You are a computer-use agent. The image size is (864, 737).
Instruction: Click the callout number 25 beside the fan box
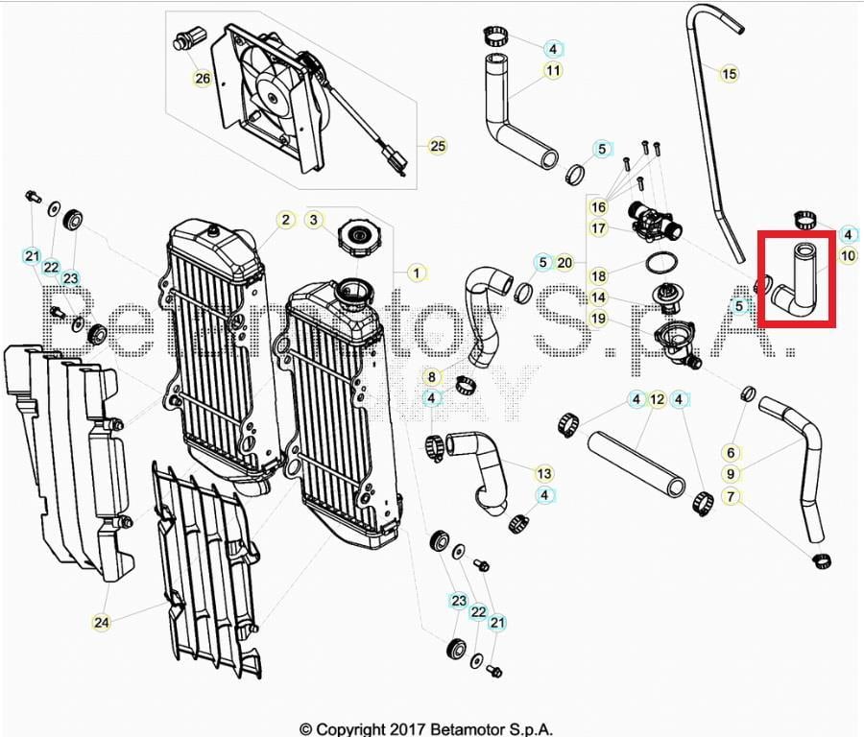[438, 147]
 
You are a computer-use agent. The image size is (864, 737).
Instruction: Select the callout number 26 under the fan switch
[202, 79]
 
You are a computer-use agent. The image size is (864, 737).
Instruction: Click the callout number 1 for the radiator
[416, 273]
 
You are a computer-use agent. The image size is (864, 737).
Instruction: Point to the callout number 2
[285, 220]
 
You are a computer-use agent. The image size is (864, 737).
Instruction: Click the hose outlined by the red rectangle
[796, 279]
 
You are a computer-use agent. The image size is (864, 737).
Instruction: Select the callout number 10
[848, 255]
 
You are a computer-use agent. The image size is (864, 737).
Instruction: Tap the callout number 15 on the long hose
[729, 73]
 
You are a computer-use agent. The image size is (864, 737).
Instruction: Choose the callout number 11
[553, 70]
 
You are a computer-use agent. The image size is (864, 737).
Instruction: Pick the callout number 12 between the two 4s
[657, 399]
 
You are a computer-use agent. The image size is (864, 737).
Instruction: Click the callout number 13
[544, 473]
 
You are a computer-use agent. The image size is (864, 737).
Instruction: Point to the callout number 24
[101, 623]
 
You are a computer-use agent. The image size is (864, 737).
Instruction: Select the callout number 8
[432, 377]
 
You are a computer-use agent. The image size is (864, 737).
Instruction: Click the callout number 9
[731, 474]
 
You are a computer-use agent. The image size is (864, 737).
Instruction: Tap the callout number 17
[598, 228]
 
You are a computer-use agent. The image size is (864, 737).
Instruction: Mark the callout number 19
[598, 319]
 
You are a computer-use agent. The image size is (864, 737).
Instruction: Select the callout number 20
[564, 262]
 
